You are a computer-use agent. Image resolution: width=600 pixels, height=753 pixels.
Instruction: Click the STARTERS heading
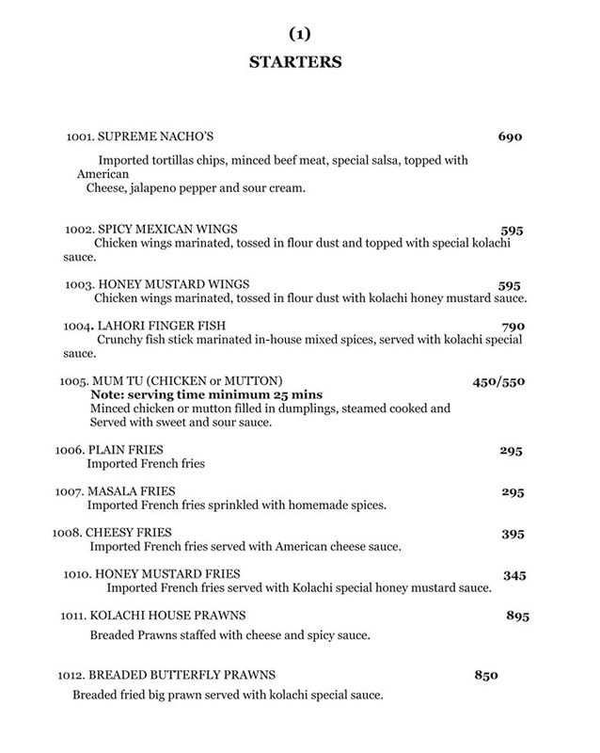click(295, 63)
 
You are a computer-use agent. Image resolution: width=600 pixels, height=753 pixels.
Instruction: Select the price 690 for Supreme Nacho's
click(510, 137)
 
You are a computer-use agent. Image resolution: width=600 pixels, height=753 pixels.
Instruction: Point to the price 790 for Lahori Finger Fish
click(509, 327)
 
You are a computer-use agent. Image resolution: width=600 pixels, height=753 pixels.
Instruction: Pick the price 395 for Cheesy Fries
click(512, 534)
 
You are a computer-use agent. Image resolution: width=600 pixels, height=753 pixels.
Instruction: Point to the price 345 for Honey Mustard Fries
click(514, 574)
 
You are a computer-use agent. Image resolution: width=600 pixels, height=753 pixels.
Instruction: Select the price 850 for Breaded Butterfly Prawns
click(484, 676)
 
